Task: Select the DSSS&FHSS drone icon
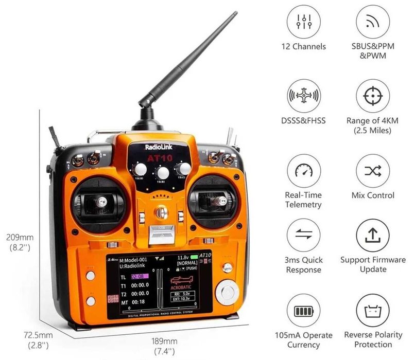click(303, 96)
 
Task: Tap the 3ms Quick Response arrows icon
click(303, 235)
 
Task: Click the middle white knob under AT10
click(163, 172)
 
